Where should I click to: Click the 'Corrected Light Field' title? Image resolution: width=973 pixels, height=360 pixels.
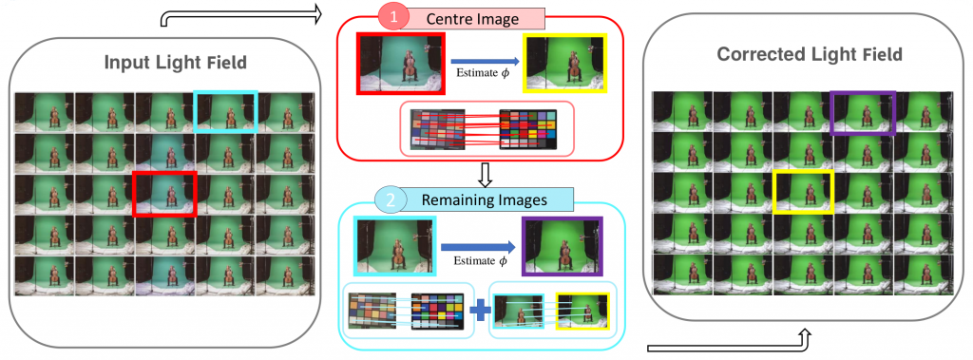click(x=809, y=54)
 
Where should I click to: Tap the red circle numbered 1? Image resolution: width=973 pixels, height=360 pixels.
click(x=391, y=17)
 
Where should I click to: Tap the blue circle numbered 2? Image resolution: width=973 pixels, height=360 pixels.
click(x=391, y=199)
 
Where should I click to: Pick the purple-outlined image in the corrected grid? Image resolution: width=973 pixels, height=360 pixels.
click(x=863, y=113)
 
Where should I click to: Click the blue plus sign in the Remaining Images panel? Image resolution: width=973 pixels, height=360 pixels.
click(x=479, y=310)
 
